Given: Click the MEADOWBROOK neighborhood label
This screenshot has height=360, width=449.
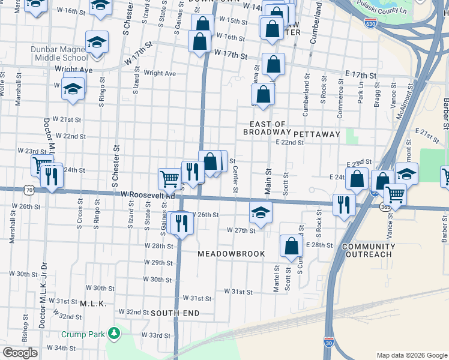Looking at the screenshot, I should coord(231,254).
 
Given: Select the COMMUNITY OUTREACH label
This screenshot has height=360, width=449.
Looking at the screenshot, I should coord(368,251).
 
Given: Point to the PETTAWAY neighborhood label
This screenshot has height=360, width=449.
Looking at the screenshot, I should coord(317,134).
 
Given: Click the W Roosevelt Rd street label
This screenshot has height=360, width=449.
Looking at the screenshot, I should coord(148,196).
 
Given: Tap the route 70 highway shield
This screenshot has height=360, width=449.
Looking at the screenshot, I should coord(29,190).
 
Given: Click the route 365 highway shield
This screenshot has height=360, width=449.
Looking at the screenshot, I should coord(385,207).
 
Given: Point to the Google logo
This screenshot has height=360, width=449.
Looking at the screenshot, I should coord(20,353).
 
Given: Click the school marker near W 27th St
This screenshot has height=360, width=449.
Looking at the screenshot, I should coord(261,211).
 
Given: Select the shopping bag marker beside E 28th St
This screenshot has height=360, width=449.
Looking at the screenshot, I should coord(291,245).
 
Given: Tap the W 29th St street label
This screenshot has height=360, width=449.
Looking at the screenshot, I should coord(158,263).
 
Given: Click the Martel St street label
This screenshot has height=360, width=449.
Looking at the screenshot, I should coord(277,279).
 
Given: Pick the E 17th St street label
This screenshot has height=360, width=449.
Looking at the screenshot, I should coord(360,76).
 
